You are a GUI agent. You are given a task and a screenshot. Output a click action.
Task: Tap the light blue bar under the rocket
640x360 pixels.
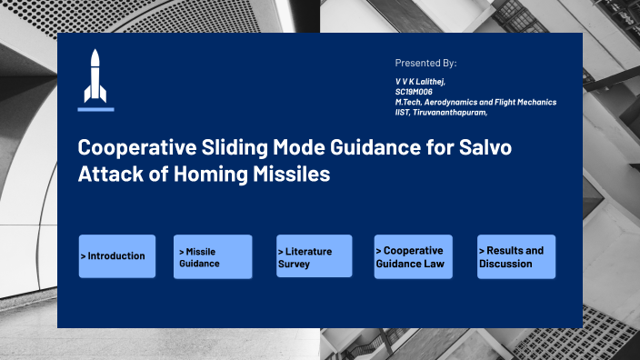pyautogui.click(x=95, y=109)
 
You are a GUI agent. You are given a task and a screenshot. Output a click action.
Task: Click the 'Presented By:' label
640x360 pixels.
pyautogui.click(x=425, y=63)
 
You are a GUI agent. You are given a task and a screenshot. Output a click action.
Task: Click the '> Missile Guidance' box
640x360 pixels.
pyautogui.click(x=213, y=256)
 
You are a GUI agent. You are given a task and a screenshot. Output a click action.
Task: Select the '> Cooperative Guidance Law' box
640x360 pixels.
pyautogui.click(x=413, y=256)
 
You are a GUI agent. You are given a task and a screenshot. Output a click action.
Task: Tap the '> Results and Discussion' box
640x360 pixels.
pyautogui.click(x=516, y=256)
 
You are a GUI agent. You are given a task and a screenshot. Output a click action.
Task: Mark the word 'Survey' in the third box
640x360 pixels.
pyautogui.click(x=294, y=264)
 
